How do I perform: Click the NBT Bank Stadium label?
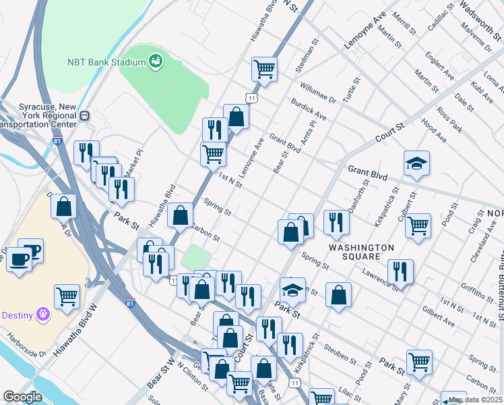point(106,63)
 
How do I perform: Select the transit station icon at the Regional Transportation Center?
point(85,115)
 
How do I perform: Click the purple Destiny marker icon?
point(44,314)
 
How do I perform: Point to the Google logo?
point(22,397)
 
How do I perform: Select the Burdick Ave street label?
point(309,111)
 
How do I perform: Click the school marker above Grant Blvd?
point(416,163)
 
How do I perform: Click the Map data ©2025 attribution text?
point(475,399)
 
